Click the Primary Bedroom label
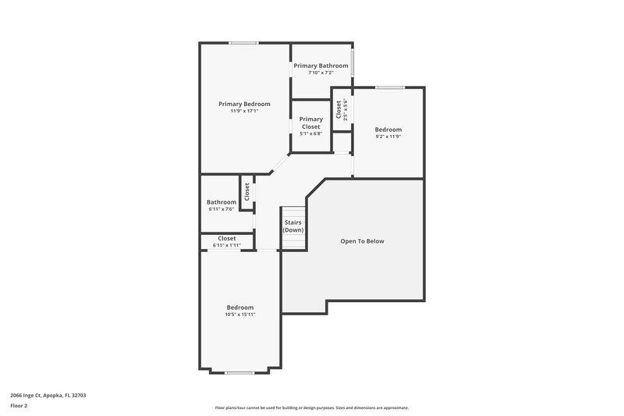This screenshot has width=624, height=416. [244, 104]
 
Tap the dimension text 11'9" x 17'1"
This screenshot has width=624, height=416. [244, 111]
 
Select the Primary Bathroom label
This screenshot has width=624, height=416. [321, 66]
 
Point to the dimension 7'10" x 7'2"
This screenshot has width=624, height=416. [321, 73]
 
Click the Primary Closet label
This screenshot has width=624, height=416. [310, 123]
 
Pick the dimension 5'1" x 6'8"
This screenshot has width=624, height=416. [310, 133]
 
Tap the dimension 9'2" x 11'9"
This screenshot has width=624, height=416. [388, 137]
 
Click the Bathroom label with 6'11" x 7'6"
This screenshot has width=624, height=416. [222, 202]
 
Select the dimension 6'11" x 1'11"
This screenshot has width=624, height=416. [227, 245]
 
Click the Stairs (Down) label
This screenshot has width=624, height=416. [293, 227]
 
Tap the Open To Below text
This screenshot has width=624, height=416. [362, 241]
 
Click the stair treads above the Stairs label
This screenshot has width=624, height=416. [293, 213]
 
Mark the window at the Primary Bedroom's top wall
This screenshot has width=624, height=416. [244, 43]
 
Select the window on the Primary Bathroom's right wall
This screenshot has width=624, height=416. [353, 62]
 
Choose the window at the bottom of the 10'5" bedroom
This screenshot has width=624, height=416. [239, 372]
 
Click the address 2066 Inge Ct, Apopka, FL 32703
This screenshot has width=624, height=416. [48, 396]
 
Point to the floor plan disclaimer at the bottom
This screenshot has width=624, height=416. [311, 407]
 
